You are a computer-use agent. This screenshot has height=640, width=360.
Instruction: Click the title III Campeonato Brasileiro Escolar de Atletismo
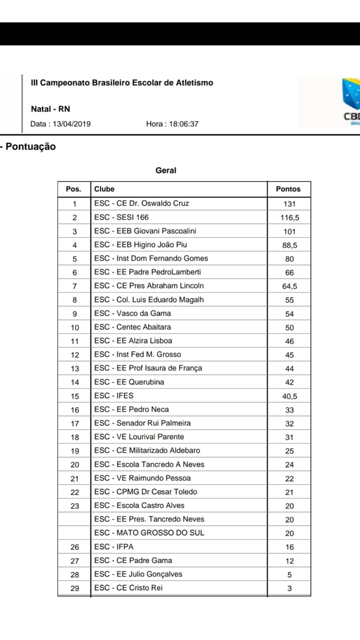point(122,82)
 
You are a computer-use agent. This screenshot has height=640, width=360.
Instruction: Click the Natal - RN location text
point(50,109)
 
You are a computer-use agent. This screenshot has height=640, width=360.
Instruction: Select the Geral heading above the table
point(166,170)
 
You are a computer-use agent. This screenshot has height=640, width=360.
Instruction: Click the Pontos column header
point(288,189)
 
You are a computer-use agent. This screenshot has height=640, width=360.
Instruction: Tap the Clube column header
point(104,189)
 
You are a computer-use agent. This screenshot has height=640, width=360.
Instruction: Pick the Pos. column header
point(73,189)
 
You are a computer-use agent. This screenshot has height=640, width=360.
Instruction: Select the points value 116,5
point(289,217)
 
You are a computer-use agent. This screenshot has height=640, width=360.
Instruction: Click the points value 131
point(289,204)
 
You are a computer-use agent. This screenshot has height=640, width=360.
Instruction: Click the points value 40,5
point(289,396)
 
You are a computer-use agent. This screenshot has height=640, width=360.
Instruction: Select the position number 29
point(74,588)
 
